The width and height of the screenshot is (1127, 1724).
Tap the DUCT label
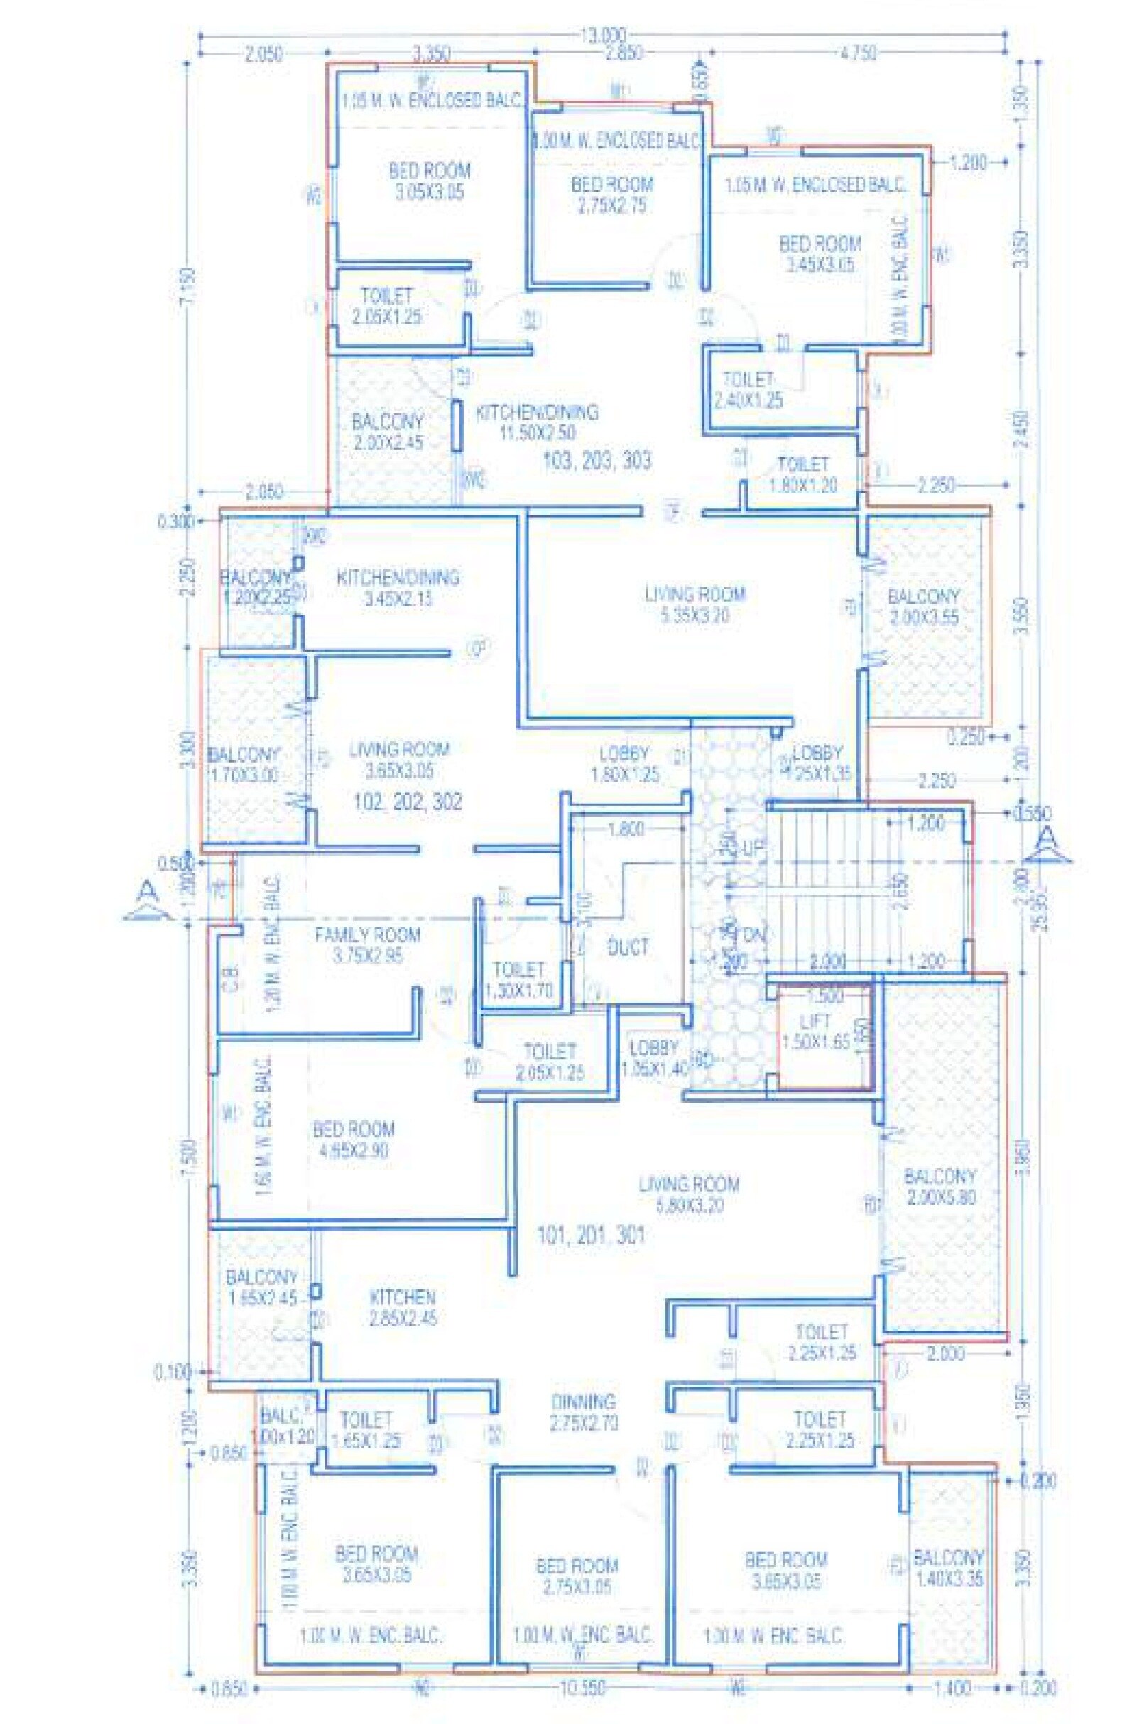628,946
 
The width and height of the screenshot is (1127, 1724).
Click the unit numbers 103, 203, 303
597,461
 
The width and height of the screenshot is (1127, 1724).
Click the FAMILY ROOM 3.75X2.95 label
367,944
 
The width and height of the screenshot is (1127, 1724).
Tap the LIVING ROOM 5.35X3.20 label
695,605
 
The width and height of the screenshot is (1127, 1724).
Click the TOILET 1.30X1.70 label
518,980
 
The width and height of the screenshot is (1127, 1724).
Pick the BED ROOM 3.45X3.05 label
820,253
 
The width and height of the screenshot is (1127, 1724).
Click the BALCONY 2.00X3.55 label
922,607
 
